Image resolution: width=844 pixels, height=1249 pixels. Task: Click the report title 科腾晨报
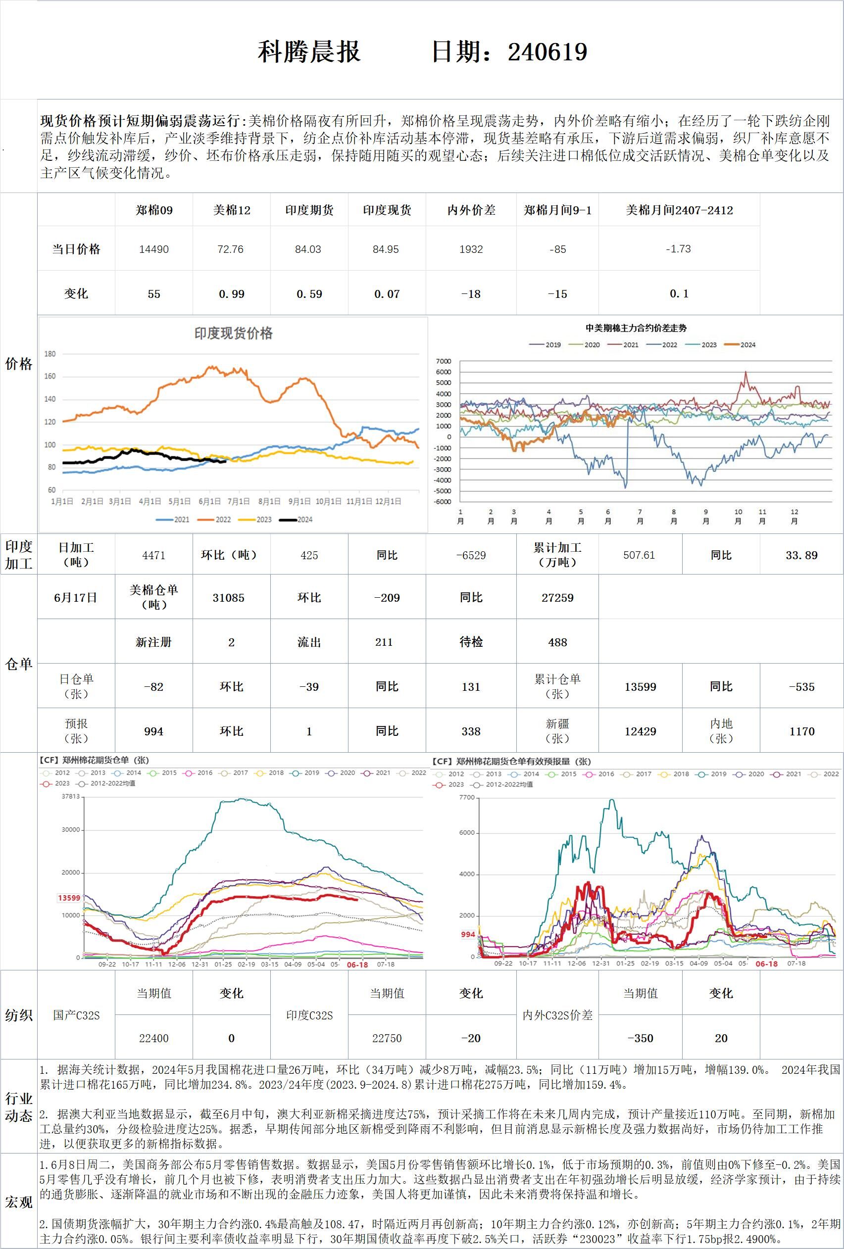pyautogui.click(x=309, y=52)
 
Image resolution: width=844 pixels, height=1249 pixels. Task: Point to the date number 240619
pyautogui.click(x=547, y=52)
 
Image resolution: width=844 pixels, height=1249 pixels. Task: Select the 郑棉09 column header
pyautogui.click(x=154, y=210)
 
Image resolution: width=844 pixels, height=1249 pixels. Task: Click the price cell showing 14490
pyautogui.click(x=154, y=249)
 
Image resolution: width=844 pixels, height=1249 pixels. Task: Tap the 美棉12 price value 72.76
pyautogui.click(x=231, y=249)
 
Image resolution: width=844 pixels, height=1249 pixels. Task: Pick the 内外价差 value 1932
pyautogui.click(x=471, y=249)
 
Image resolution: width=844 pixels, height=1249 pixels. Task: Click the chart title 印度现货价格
pyautogui.click(x=233, y=333)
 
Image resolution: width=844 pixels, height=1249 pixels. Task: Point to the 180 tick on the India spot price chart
pyautogui.click(x=50, y=354)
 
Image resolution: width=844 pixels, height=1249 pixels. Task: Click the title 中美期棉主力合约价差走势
pyautogui.click(x=636, y=328)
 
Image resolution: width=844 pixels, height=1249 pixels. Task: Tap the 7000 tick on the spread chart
pyautogui.click(x=444, y=361)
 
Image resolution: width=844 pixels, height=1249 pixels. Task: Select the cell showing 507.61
pyautogui.click(x=639, y=555)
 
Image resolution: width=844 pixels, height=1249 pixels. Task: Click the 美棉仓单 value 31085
pyautogui.click(x=229, y=598)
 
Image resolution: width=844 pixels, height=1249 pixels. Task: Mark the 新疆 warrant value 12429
pyautogui.click(x=640, y=731)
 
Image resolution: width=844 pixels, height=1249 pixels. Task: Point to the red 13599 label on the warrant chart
pyautogui.click(x=69, y=898)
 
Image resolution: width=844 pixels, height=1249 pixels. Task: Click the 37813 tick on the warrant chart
pyautogui.click(x=70, y=797)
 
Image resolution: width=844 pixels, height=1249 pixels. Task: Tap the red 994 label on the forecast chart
pyautogui.click(x=468, y=935)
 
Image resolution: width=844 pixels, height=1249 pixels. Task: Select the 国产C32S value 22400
pyautogui.click(x=154, y=1038)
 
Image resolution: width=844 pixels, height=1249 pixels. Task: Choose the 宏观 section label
pyautogui.click(x=19, y=1201)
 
